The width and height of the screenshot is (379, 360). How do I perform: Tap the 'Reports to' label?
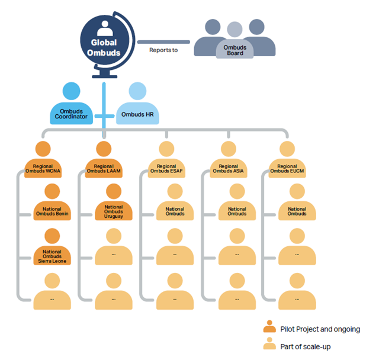coord(163,50)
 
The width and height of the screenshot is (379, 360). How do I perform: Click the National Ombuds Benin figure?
coord(52,204)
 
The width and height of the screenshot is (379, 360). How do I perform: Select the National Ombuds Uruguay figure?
coord(114,204)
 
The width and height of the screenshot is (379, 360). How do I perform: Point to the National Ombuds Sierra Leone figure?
coord(52,249)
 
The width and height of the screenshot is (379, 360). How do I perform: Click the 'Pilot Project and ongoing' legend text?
coord(320,329)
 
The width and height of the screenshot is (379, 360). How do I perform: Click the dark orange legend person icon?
coord(269,327)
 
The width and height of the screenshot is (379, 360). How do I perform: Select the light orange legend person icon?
coord(269,345)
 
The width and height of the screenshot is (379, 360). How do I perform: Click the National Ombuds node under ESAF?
coord(175,204)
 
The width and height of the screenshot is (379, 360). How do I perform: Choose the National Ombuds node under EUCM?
coord(297,204)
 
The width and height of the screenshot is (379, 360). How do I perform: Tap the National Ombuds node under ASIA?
coord(237,204)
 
